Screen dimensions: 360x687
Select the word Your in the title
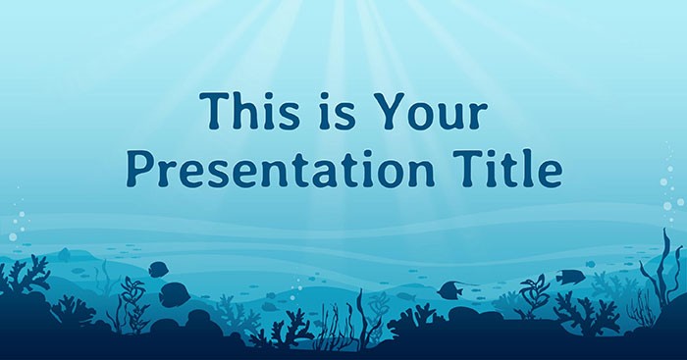436,115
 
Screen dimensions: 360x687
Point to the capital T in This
211,115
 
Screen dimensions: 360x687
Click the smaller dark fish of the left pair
157,268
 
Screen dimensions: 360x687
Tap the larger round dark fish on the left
175,291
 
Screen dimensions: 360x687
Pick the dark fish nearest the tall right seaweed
569,277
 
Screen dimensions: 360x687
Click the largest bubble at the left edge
13,236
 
